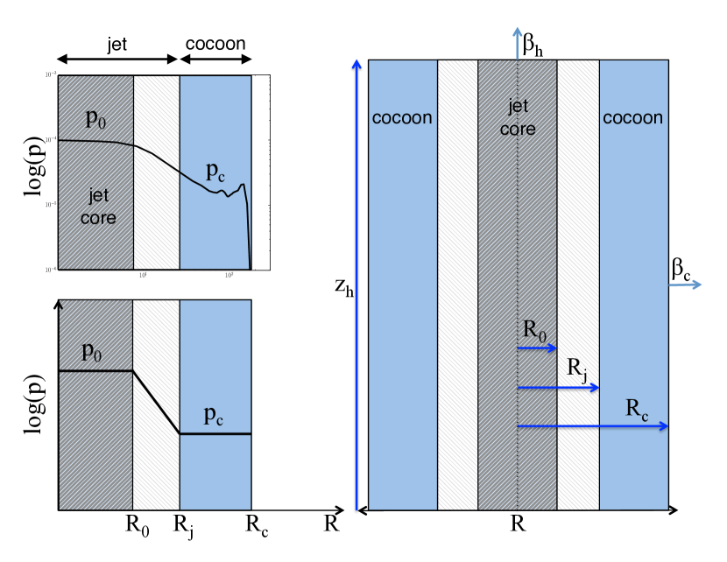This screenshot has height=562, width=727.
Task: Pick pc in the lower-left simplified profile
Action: click(x=213, y=417)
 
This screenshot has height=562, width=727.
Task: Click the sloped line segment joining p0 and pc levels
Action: click(x=156, y=403)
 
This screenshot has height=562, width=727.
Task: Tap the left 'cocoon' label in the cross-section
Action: click(x=402, y=117)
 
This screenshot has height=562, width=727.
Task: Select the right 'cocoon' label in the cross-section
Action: click(x=633, y=117)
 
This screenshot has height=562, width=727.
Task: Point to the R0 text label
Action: click(x=534, y=330)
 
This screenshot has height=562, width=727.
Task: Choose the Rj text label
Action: click(x=576, y=369)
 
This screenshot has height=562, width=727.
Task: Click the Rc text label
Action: click(x=637, y=407)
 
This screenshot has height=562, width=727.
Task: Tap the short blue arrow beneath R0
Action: click(x=537, y=348)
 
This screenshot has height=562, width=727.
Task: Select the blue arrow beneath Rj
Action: click(x=558, y=387)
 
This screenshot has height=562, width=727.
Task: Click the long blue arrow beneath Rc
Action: click(x=593, y=426)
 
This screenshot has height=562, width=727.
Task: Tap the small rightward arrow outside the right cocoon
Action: click(x=686, y=284)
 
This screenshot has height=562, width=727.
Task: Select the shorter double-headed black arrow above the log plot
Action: click(x=215, y=59)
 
